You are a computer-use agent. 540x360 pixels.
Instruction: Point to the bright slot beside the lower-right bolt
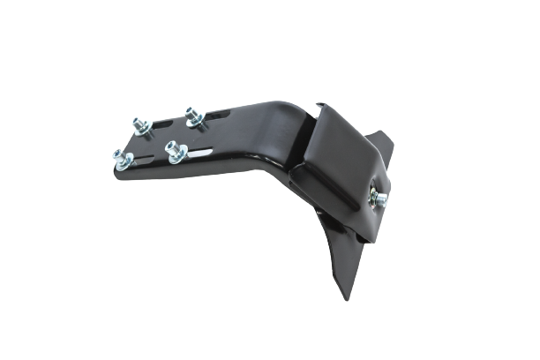click(201, 154)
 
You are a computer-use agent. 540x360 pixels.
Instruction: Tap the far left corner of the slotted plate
click(113, 168)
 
